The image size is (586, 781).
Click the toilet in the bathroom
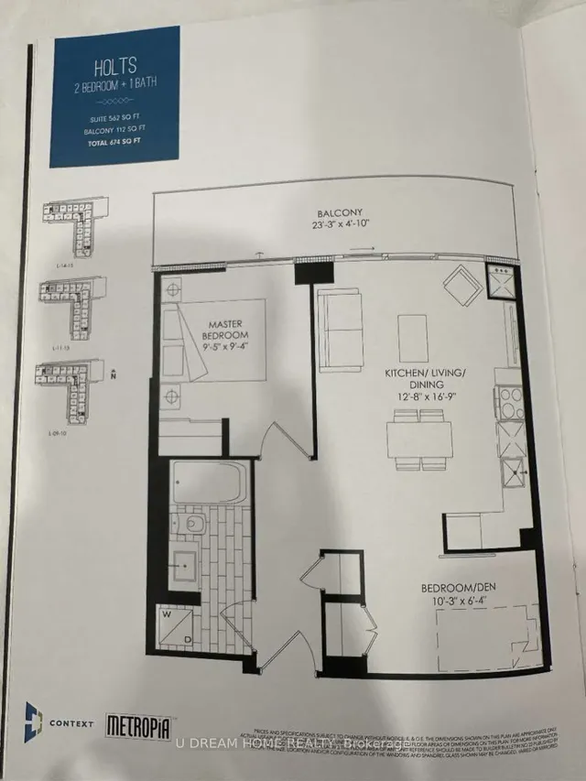[191, 525]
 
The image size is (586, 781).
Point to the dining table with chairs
[419, 437]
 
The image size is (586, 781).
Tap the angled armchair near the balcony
[461, 287]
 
